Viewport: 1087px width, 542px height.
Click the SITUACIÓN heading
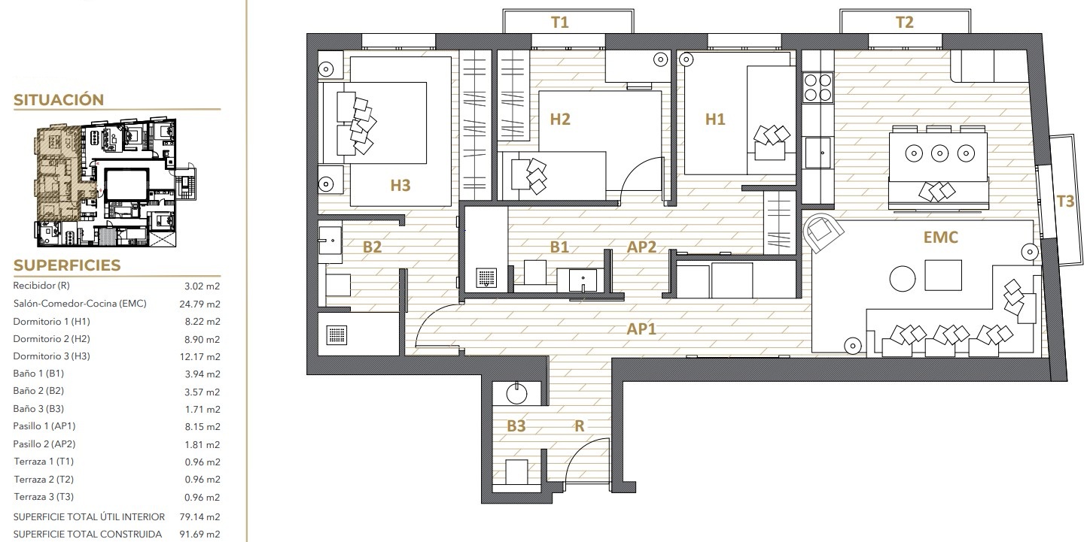coord(59,100)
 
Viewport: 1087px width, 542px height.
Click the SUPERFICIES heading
coord(67,265)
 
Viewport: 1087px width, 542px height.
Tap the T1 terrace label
coord(559,23)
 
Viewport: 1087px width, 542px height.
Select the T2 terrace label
coord(905,23)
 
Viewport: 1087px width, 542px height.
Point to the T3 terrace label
coord(1065,201)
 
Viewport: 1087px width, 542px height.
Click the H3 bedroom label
coord(400,185)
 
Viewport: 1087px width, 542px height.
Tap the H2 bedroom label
coord(560,120)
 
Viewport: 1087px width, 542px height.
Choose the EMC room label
coord(940,237)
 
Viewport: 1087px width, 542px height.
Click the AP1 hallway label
coord(641,329)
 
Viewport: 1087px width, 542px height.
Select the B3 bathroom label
coord(516,426)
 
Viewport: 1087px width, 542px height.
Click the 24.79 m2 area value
coord(200,304)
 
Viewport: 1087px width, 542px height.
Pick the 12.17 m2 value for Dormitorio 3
coord(200,357)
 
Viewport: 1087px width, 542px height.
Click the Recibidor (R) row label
coord(41,286)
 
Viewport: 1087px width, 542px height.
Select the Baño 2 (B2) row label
coord(38,391)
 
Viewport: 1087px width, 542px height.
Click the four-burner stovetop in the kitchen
coord(818,87)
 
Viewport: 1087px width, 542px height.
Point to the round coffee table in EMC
coord(903,279)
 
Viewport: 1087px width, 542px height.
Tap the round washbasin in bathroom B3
coord(516,394)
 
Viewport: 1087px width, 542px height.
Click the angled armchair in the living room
coord(821,232)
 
